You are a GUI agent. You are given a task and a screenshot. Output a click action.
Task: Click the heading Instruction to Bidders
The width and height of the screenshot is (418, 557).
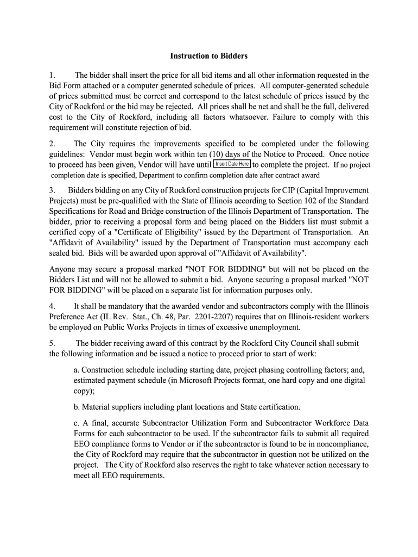pos(208,56)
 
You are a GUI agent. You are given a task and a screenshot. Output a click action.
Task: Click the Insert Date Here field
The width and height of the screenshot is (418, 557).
pos(232,164)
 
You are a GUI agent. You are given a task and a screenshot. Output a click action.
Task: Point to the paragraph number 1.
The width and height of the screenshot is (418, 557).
pos(52,76)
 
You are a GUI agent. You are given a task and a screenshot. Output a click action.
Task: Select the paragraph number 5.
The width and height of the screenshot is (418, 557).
pos(52,343)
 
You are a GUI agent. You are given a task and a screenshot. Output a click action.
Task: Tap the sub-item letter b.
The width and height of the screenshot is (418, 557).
pos(76,407)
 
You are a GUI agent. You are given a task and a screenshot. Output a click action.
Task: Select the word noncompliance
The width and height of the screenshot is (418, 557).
pos(344,444)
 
